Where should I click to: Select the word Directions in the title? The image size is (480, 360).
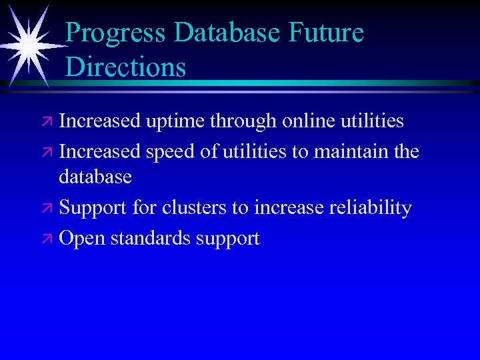[126, 67]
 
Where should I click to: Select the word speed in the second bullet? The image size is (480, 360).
[170, 152]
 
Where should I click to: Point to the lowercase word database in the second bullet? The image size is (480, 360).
[95, 177]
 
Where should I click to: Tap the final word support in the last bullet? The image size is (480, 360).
[227, 239]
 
